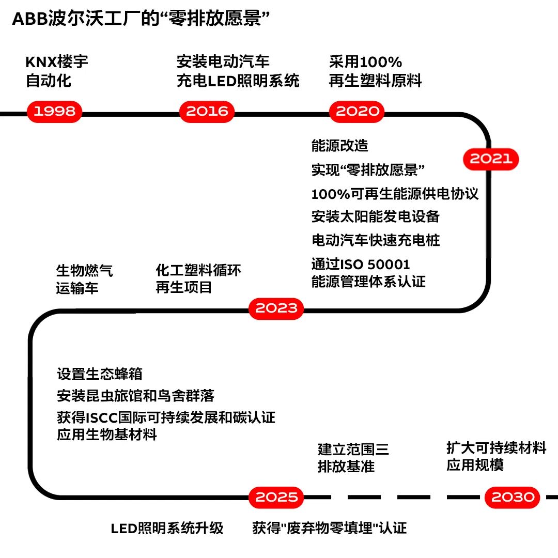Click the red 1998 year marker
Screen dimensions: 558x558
(55, 111)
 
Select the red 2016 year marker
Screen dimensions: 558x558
(207, 111)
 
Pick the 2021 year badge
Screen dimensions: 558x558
(491, 159)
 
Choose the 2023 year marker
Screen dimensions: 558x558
(276, 308)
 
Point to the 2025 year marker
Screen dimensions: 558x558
(276, 497)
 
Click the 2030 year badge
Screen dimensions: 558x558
(513, 497)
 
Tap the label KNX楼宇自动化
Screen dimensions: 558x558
(57, 71)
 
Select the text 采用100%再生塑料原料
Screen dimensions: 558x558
(375, 71)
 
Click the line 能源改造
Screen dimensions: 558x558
(339, 146)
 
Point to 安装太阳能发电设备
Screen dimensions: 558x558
(375, 216)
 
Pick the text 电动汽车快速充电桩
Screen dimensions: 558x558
(376, 240)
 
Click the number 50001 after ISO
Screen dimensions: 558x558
(389, 265)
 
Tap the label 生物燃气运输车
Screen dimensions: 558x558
(84, 279)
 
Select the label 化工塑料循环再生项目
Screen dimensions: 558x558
(198, 279)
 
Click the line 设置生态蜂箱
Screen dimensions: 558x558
(99, 374)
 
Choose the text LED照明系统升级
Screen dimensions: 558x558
(167, 528)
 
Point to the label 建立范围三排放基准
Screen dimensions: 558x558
(353, 458)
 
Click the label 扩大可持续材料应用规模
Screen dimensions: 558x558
(496, 456)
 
